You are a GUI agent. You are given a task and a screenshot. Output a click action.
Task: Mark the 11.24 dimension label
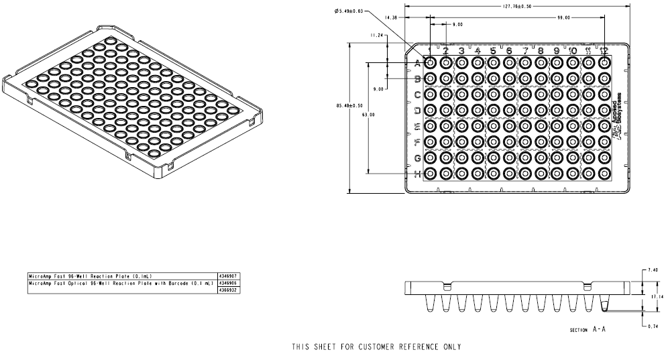point(377,35)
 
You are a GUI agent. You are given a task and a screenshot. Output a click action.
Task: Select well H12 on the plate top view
point(604,174)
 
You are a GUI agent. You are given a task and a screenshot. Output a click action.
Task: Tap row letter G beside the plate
point(417,158)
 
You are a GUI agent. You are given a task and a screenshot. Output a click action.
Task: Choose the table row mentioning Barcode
point(121,283)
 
